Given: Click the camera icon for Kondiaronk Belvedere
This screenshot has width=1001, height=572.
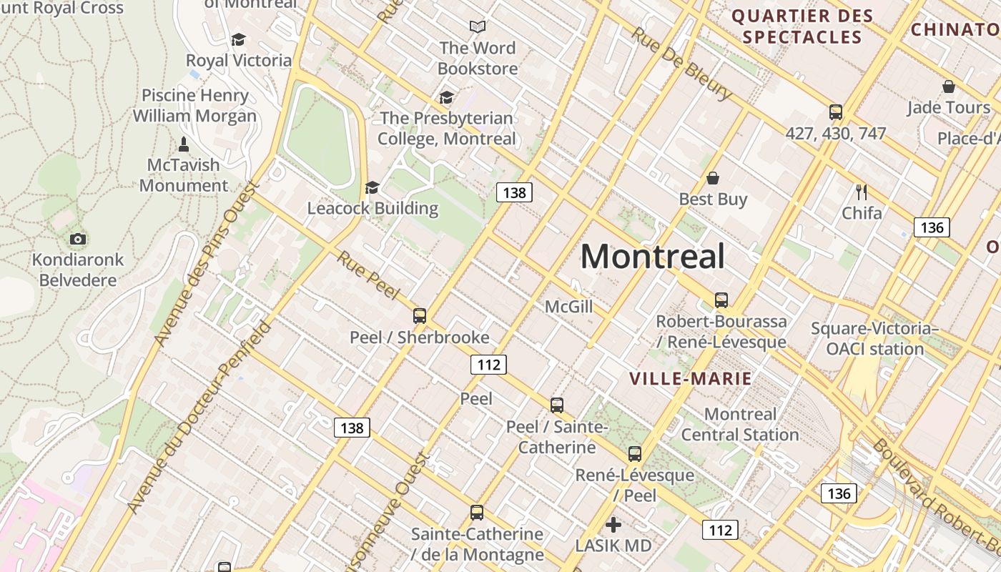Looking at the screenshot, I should click(78, 239).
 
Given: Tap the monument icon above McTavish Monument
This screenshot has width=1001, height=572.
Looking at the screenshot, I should click(184, 144).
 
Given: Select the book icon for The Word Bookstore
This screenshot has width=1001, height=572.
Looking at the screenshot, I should click(478, 27).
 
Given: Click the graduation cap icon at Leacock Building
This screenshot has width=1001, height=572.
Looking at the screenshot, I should click(372, 187).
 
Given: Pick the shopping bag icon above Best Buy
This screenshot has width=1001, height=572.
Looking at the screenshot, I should click(713, 178).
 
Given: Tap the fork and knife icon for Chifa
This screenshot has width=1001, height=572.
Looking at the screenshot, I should click(862, 192).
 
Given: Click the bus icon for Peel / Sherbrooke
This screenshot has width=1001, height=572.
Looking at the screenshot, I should click(420, 316).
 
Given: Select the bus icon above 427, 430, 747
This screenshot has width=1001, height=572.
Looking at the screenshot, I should click(836, 112).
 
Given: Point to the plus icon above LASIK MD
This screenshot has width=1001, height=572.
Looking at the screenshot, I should click(613, 526).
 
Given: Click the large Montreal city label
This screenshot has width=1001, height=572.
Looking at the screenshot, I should click(652, 256).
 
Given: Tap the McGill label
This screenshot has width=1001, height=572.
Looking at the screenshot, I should click(568, 307).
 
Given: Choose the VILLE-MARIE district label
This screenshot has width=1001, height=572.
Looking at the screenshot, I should click(690, 379).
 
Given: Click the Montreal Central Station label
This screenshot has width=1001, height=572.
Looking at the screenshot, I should click(740, 424).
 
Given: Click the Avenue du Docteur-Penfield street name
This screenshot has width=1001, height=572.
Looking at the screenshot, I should click(199, 418).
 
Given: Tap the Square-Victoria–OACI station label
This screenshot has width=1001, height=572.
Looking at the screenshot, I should click(874, 339).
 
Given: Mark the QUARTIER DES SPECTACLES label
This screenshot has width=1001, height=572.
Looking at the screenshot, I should click(802, 26).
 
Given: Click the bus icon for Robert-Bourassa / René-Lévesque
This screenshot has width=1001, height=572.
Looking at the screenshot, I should click(721, 300).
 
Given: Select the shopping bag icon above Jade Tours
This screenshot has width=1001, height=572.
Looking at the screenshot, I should click(949, 87).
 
